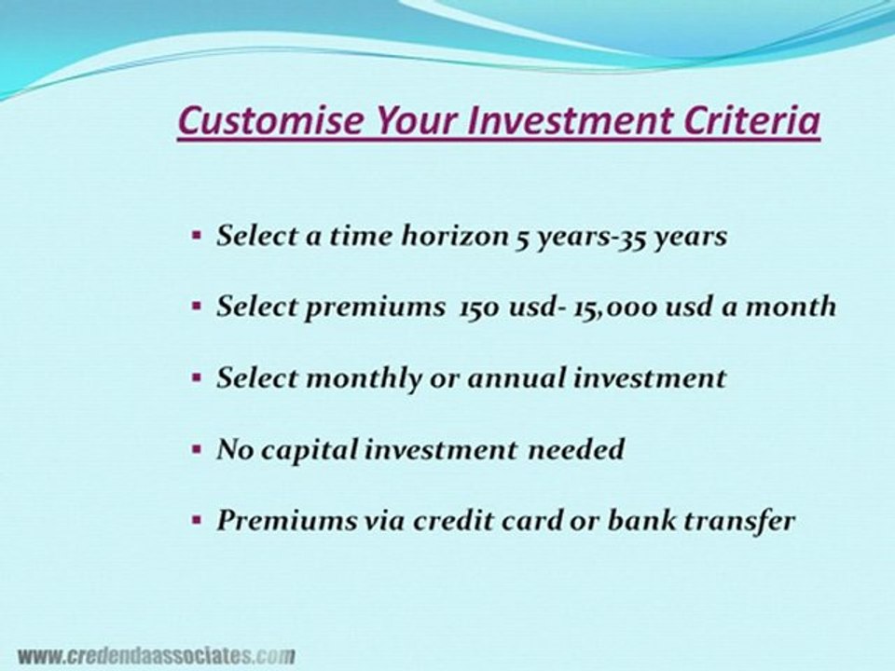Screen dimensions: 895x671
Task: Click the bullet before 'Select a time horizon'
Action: [197, 235]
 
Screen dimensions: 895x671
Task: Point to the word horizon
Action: [454, 235]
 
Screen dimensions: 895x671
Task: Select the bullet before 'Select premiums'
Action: [197, 306]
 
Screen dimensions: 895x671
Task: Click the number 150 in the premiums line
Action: [480, 308]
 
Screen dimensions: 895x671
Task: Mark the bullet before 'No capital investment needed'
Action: [197, 449]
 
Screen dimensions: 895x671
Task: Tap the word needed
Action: [575, 449]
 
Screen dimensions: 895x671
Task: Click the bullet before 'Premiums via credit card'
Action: [197, 520]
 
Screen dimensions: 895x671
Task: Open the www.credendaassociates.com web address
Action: [156, 655]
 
